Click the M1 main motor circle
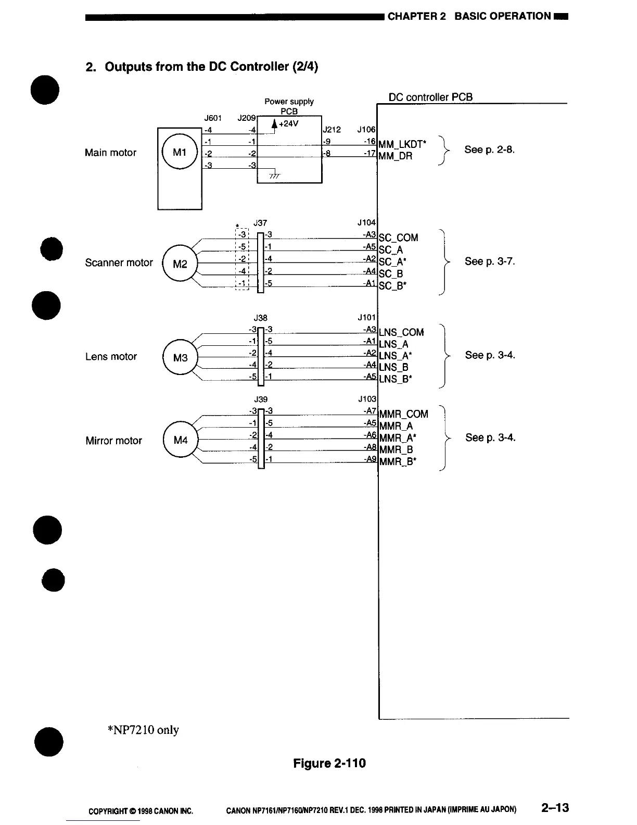(x=180, y=152)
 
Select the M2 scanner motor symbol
(x=180, y=263)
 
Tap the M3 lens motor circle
(x=180, y=357)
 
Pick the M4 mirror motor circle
(x=181, y=441)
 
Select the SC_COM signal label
(x=399, y=238)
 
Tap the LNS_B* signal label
(x=396, y=379)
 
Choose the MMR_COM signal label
(x=404, y=414)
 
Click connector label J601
(x=213, y=118)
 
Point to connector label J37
(x=260, y=223)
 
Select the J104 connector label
(x=366, y=223)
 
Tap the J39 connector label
(x=260, y=399)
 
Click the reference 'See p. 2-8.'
(x=489, y=150)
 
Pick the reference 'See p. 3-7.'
(x=490, y=261)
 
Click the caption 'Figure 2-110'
(x=329, y=764)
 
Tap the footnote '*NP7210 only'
(x=143, y=730)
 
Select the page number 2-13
(x=555, y=808)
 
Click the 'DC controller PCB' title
(x=430, y=97)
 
